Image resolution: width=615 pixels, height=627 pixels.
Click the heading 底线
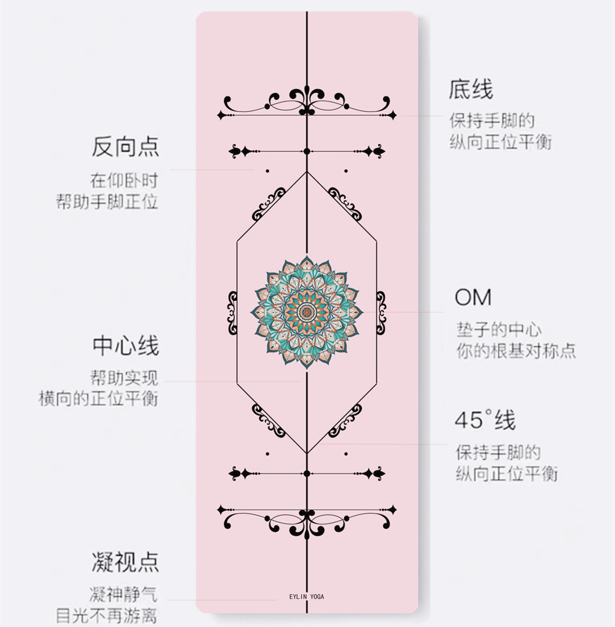470,90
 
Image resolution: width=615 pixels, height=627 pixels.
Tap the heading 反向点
125,147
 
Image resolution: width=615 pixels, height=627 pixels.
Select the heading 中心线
126,346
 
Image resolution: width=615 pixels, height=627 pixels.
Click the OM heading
473,298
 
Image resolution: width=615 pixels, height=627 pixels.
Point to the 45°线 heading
485,421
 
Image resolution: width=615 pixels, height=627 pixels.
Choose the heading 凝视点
125,562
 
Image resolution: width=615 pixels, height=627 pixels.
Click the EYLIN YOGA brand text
306,597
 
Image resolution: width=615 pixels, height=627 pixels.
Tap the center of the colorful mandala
306,311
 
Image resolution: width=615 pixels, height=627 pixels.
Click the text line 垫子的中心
499,329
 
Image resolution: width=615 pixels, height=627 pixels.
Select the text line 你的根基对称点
516,351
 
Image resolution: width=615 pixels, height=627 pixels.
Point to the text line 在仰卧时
124,180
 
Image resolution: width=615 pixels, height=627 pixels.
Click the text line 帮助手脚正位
107,201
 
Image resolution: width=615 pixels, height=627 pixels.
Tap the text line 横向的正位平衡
98,399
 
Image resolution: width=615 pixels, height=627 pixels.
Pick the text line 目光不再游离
107,616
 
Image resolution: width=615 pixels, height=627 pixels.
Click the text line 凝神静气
124,594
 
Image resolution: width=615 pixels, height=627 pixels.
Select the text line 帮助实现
124,378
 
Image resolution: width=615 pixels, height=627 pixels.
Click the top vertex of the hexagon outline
306,172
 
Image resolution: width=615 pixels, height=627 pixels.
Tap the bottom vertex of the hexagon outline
306,453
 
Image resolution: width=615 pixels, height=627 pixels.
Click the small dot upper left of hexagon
268,171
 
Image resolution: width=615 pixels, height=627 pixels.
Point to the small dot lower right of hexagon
346,454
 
